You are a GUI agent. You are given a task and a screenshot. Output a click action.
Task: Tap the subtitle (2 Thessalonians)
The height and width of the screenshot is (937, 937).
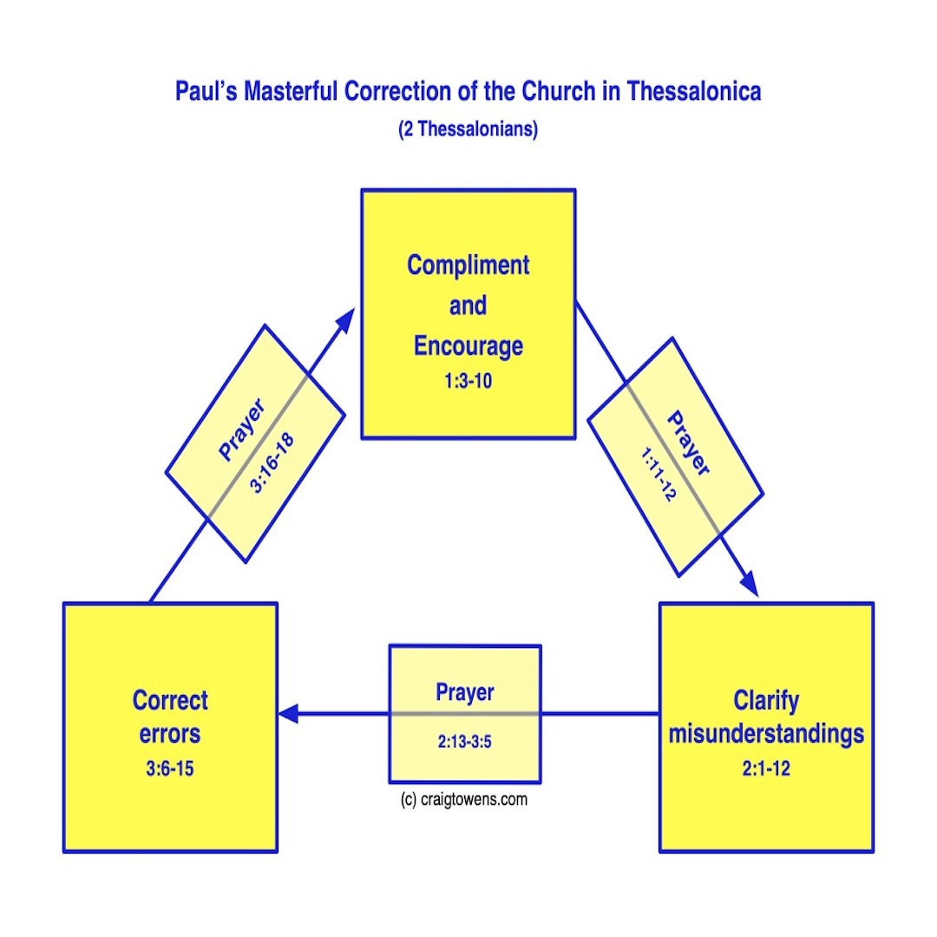tap(468, 130)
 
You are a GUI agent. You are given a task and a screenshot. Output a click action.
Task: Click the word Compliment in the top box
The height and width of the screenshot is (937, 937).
tap(468, 265)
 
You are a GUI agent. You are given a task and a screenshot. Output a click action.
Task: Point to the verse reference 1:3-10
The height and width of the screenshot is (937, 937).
tap(468, 380)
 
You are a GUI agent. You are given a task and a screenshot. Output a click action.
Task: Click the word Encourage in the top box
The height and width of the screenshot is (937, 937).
tap(468, 345)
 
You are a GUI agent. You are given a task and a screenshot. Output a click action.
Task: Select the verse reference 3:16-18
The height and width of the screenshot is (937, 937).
tap(272, 463)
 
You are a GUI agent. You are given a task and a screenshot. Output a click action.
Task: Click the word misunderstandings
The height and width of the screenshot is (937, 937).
tap(766, 734)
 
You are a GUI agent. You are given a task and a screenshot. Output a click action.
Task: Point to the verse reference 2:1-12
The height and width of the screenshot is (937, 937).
tap(766, 769)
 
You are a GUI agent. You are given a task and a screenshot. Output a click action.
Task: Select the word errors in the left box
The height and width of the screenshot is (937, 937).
tap(170, 734)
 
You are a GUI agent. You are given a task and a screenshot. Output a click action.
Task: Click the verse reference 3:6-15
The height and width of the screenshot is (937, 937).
tap(170, 769)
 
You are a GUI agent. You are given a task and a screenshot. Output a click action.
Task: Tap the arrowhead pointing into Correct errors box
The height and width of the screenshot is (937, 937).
tap(288, 714)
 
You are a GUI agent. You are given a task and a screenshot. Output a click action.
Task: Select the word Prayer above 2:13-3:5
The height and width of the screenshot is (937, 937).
tap(465, 692)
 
